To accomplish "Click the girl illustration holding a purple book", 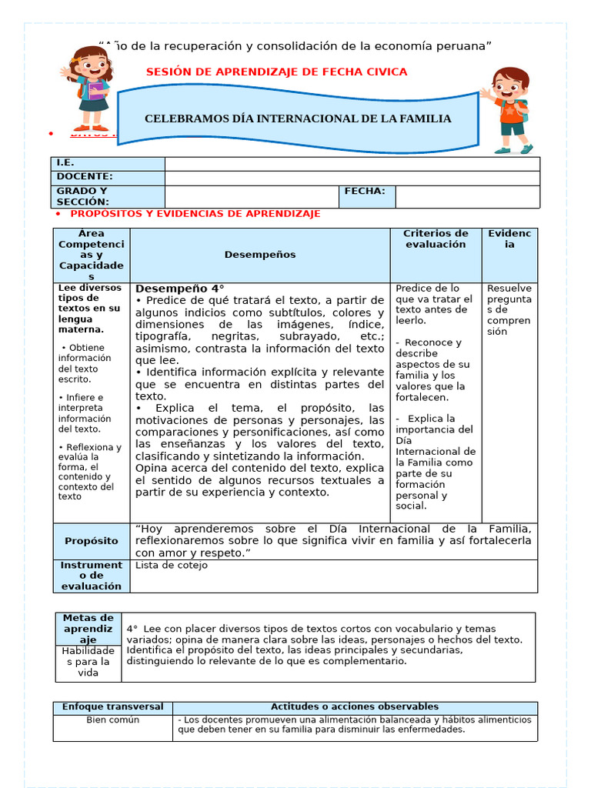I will point(90,88).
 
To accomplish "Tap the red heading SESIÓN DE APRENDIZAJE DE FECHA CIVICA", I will point(276,72).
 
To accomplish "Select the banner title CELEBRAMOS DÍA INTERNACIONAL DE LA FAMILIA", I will point(298,119).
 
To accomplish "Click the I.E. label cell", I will point(109,163).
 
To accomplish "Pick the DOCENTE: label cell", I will point(109,177).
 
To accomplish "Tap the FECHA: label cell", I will point(367,192).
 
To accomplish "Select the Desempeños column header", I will point(259,254).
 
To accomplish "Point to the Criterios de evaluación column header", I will point(436,239).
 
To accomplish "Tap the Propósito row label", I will point(91,541).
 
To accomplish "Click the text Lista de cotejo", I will point(171,565).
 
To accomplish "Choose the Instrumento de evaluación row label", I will point(91,576).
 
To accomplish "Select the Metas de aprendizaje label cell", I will point(88,629).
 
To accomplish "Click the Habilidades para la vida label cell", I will point(88,662).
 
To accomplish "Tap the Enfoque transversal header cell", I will point(112,706).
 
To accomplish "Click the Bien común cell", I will point(112,720).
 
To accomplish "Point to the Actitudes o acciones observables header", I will point(355,706).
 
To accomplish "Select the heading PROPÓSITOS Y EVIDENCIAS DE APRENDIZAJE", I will point(195,214).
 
